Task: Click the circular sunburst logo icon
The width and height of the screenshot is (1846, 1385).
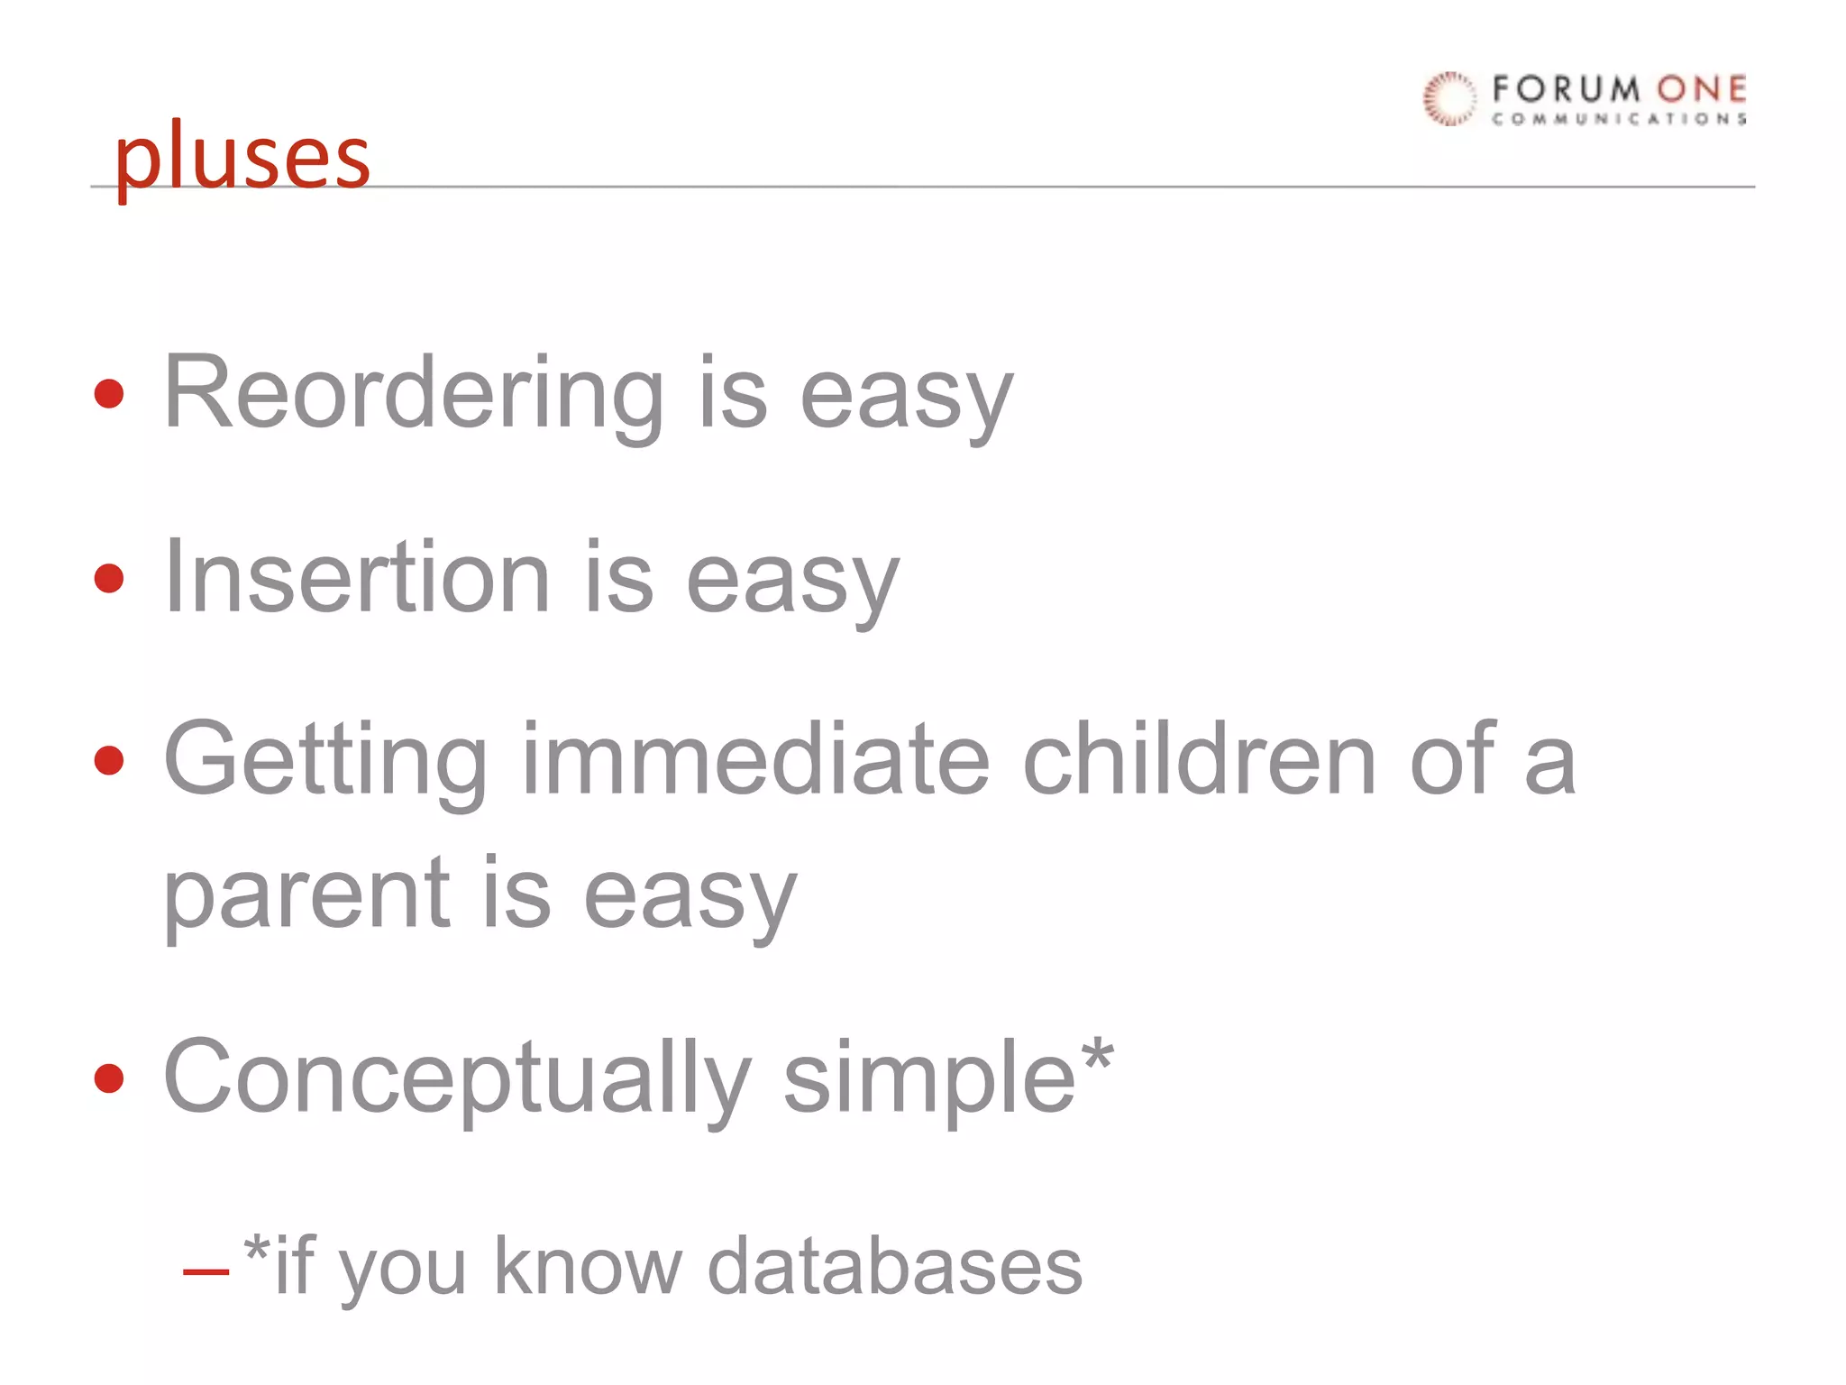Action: coord(1449,98)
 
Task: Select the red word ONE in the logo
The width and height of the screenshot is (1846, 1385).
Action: coord(1701,89)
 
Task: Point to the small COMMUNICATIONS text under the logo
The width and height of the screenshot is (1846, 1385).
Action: coord(1619,119)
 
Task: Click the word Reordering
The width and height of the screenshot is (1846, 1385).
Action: coord(413,394)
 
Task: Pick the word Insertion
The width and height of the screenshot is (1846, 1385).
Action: coord(356,577)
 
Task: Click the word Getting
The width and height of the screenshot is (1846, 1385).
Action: coord(325,759)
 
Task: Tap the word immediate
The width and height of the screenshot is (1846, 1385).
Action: coord(755,759)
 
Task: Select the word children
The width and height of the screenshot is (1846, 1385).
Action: coord(1199,759)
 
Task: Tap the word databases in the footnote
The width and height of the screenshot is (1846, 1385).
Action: coord(894,1267)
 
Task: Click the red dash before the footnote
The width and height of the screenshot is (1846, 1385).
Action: coord(206,1272)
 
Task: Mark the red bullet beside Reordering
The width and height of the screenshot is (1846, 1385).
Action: coord(109,394)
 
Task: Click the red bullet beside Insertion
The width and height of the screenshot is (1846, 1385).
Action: coord(109,578)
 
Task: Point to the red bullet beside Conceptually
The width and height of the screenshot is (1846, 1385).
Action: coord(109,1078)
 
